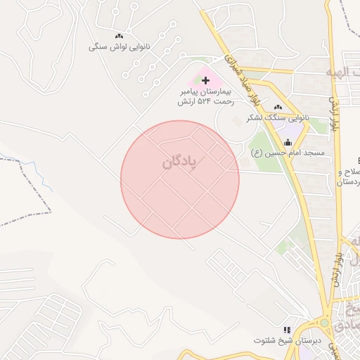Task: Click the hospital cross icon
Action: tap(205, 81)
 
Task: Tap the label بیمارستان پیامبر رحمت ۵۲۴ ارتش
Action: tap(205, 97)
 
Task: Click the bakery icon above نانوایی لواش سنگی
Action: tap(119, 37)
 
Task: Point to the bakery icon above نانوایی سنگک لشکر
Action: tap(269, 107)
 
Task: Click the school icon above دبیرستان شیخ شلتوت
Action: tap(286, 329)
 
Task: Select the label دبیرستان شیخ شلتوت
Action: tap(282, 340)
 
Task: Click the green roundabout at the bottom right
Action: tap(324, 323)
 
